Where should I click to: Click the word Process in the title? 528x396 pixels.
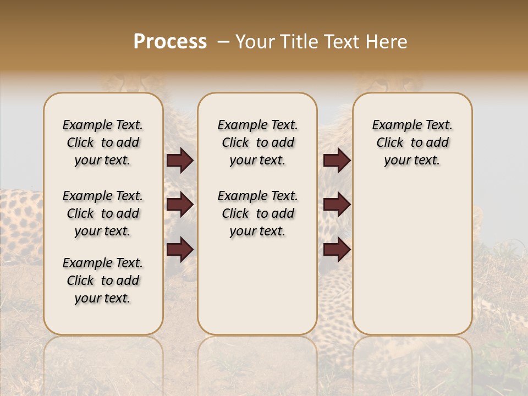click(170, 42)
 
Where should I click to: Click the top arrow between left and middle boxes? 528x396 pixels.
click(180, 161)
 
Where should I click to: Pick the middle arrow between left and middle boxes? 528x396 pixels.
click(180, 205)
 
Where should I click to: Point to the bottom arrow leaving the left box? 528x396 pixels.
click(180, 250)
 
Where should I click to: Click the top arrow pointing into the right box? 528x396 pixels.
click(337, 161)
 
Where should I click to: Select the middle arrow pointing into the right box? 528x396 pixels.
click(337, 205)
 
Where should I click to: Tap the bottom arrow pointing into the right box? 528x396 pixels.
click(337, 250)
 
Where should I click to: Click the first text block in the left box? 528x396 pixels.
click(103, 142)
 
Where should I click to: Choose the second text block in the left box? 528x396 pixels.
click(103, 213)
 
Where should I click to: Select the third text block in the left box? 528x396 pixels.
click(103, 280)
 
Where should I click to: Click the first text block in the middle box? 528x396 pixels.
click(257, 142)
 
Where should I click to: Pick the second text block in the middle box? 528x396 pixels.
click(257, 213)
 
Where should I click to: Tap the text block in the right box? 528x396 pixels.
click(412, 142)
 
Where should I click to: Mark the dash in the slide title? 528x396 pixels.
click(223, 42)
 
